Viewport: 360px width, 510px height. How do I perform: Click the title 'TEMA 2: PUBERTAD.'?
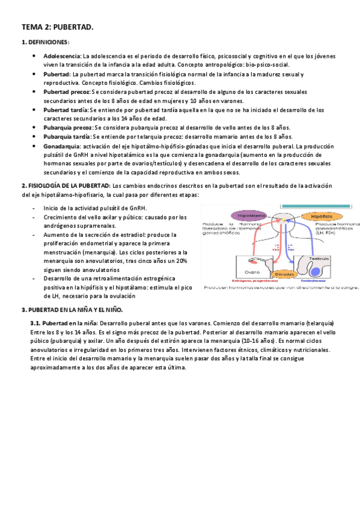(57, 28)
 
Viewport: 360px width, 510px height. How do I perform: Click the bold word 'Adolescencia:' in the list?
(62, 56)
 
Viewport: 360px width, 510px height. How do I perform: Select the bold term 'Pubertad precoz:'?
(67, 92)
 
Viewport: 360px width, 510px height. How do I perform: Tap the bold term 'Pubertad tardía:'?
(66, 110)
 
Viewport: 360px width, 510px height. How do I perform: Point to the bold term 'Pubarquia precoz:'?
(68, 128)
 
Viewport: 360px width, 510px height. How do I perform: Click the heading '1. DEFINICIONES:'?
(46, 42)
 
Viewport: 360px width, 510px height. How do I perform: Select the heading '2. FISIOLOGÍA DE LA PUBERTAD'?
(66, 186)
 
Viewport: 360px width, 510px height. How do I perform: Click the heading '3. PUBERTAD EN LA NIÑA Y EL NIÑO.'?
(72, 310)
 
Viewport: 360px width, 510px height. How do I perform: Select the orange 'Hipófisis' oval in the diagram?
(317, 215)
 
